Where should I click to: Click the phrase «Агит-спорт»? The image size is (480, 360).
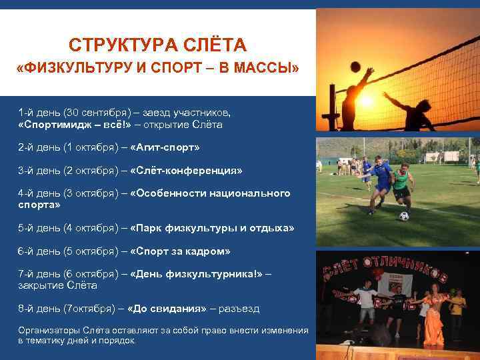tap(165, 147)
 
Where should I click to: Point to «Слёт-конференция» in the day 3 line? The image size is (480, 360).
tap(187, 171)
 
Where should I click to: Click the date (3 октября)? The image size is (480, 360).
tap(93, 193)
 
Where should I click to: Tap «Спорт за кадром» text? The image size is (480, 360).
tap(180, 251)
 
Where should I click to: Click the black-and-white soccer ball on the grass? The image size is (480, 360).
tap(403, 216)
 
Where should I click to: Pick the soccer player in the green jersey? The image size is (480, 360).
tap(402, 184)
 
